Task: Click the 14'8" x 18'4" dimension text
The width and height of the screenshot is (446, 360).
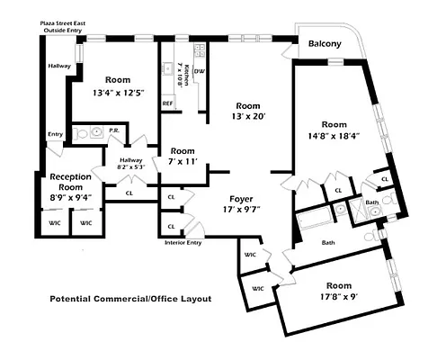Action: (x=334, y=137)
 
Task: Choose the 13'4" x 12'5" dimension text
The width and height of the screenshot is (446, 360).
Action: (x=118, y=92)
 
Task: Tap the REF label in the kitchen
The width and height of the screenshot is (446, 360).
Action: (x=167, y=103)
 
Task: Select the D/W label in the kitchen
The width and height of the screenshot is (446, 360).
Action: (x=199, y=71)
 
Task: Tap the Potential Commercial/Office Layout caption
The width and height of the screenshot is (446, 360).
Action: (x=130, y=298)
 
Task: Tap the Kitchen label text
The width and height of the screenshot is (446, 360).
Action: (x=180, y=73)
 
